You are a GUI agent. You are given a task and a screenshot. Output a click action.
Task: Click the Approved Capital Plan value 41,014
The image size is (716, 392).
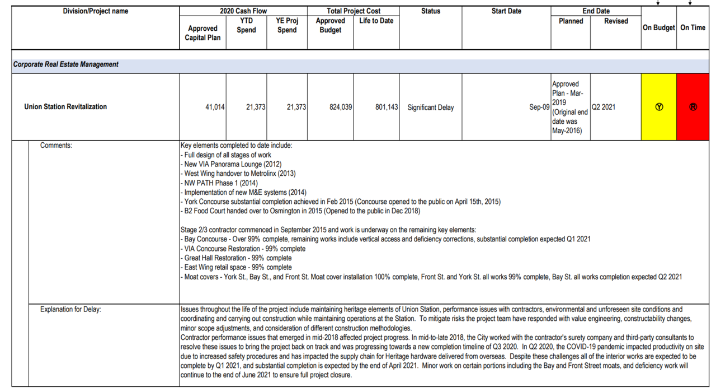point(215,107)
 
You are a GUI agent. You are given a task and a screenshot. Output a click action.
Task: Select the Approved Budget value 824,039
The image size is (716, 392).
point(341,107)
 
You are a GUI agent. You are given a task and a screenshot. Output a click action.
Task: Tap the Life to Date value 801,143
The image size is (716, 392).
point(387,107)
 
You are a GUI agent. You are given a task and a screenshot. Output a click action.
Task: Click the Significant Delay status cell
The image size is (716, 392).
point(431,107)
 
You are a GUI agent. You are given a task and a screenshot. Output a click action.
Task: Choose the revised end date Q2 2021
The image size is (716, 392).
point(604,107)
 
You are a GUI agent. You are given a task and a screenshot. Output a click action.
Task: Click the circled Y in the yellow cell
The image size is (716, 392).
point(659,107)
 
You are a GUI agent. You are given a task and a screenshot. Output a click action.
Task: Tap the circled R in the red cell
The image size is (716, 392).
point(693,107)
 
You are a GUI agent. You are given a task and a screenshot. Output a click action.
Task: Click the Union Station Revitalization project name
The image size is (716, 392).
point(65,106)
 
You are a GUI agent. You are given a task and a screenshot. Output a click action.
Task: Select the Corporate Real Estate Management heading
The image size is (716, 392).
point(66,64)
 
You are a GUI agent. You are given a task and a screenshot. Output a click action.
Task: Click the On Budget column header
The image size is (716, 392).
point(658,27)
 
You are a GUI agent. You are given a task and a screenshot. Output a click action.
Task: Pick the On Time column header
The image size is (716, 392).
point(693,27)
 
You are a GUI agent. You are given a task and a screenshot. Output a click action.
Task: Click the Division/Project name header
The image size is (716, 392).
point(96,11)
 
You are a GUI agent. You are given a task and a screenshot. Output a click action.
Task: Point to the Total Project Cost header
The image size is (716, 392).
point(354,11)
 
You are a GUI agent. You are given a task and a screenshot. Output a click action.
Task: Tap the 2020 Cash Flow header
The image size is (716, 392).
point(243,11)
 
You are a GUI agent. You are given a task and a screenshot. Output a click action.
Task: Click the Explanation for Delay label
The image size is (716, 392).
point(70,309)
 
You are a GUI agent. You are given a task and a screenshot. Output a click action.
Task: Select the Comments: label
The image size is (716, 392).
point(56,146)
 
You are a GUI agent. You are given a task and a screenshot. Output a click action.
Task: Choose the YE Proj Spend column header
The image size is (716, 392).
point(287,25)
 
